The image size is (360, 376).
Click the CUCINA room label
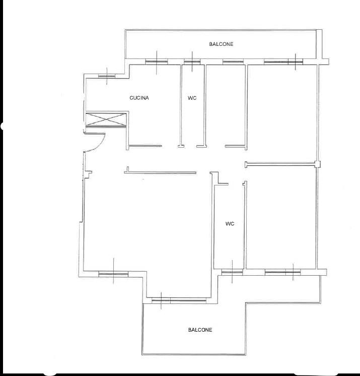(x=139, y=98)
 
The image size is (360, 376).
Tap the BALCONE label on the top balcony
(x=221, y=44)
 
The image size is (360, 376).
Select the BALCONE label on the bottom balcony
(x=200, y=330)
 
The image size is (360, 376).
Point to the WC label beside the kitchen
(x=192, y=98)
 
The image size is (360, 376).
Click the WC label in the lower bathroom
(x=230, y=224)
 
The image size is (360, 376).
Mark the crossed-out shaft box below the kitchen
(x=106, y=119)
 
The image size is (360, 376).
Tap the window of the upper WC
(x=192, y=62)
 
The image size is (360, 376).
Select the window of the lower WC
(x=232, y=272)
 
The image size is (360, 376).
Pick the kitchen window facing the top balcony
(x=157, y=62)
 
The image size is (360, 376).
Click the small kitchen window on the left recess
(x=107, y=76)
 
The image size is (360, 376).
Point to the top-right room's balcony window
(x=283, y=62)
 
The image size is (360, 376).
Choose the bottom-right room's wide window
(x=282, y=272)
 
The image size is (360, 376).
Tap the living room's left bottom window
(x=113, y=274)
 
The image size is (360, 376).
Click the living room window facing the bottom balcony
(x=179, y=300)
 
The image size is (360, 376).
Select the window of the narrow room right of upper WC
(x=233, y=62)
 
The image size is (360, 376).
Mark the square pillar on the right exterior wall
(x=317, y=164)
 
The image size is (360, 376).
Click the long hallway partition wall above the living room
(x=160, y=172)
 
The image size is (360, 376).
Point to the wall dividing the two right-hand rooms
(x=280, y=164)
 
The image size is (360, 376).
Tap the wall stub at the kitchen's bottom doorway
(x=145, y=146)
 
